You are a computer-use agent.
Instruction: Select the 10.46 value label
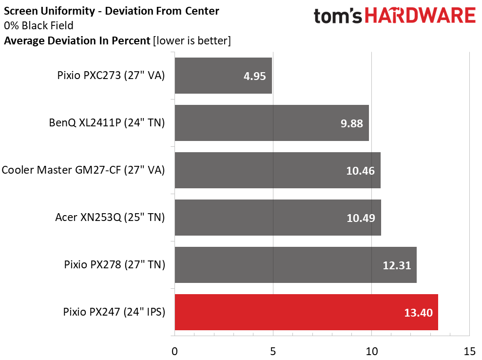[x=361, y=171]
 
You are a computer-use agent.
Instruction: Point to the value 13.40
[x=418, y=313]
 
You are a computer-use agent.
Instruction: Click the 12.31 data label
[x=397, y=265]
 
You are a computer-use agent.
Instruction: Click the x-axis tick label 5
[x=273, y=351]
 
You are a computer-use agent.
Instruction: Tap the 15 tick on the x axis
[x=469, y=351]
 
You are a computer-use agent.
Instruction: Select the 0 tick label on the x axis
[x=174, y=351]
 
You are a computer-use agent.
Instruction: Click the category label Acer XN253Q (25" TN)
[x=110, y=218]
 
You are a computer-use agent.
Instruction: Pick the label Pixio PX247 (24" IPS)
[x=114, y=312]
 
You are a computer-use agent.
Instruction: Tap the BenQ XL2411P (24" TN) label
[x=107, y=123]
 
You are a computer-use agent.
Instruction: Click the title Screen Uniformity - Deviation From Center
[x=112, y=10]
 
